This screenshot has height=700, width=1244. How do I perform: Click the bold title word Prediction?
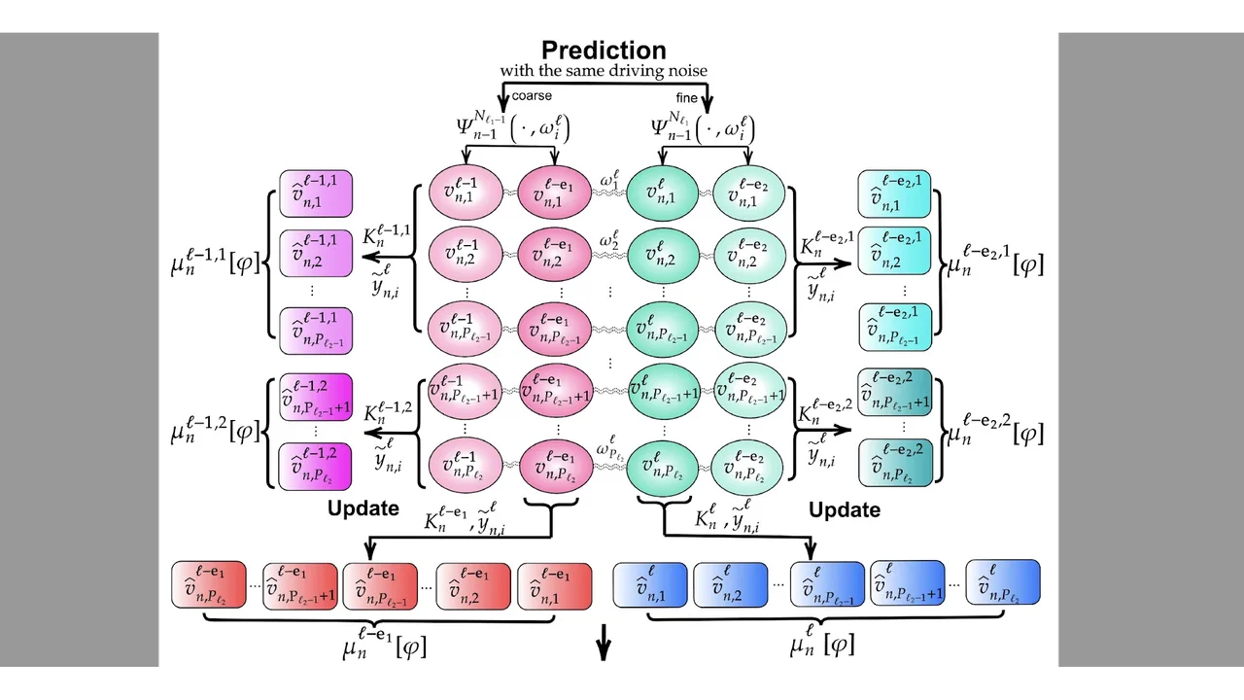coord(604,51)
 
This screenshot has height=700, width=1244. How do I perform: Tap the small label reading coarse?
coord(532,95)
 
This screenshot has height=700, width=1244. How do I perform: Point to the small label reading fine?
coord(687,97)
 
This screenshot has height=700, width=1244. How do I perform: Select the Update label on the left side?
coord(363,507)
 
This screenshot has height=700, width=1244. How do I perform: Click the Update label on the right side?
coord(845,509)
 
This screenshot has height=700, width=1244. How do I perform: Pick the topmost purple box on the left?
coord(315,193)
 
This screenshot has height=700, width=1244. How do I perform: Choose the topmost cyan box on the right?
coord(894,193)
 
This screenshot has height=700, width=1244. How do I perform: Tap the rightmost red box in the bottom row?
coord(554,584)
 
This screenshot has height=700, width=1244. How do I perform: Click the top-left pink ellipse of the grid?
coord(464,194)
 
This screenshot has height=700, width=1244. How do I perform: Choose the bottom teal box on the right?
coord(894,463)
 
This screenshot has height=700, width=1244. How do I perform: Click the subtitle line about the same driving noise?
coord(604,71)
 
